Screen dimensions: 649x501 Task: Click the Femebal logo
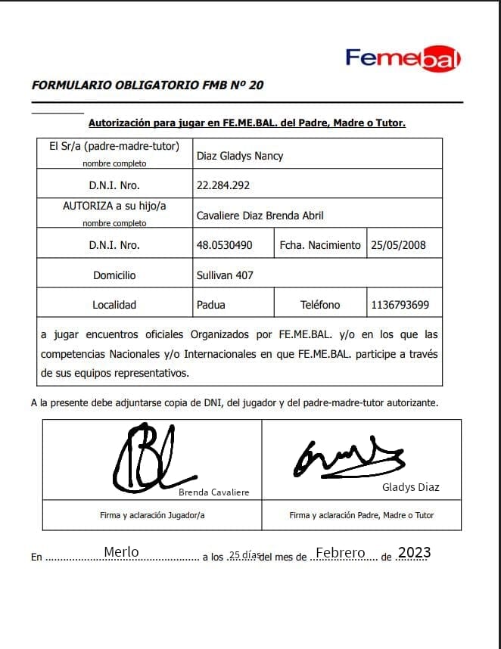pos(403,58)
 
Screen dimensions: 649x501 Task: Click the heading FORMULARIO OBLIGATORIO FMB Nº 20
pos(148,85)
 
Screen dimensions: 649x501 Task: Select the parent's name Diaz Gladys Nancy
pos(240,156)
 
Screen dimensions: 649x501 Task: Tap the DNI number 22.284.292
pos(223,185)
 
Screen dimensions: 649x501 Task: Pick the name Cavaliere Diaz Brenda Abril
pos(260,216)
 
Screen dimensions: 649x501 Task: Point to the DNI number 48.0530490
pos(225,245)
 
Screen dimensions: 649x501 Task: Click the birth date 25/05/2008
pos(399,245)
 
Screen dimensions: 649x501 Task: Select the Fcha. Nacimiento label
pos(320,245)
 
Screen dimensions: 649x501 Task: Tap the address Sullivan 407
pos(225,275)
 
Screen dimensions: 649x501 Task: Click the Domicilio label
pos(114,275)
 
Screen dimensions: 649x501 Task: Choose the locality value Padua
pos(210,305)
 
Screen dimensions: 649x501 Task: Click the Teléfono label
pos(320,305)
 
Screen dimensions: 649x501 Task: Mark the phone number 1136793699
pos(400,305)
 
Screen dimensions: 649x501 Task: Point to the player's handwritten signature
pos(148,458)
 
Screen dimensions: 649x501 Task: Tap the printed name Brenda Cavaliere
pos(213,492)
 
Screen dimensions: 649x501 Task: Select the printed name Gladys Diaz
pos(411,487)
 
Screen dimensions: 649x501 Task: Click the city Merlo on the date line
pos(121,552)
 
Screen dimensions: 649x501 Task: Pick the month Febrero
pos(341,553)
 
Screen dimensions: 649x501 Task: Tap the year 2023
pos(414,553)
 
